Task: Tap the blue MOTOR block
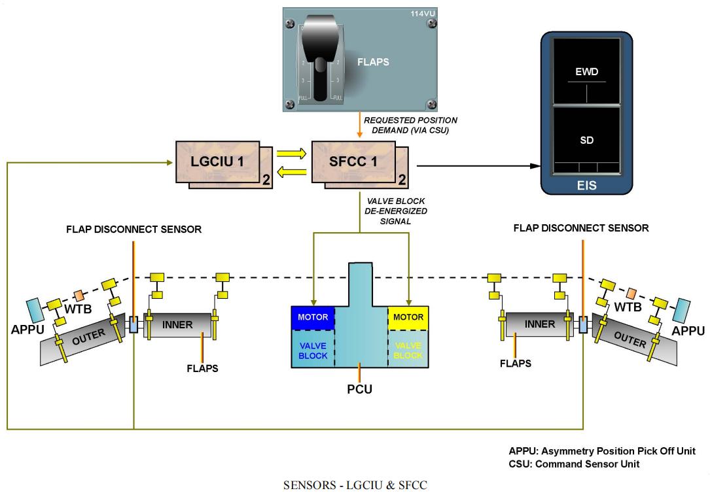pyautogui.click(x=312, y=317)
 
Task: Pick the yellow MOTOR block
pyautogui.click(x=408, y=317)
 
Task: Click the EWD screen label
pyautogui.click(x=586, y=72)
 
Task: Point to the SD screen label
pyautogui.click(x=586, y=141)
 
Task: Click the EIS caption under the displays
pyautogui.click(x=587, y=186)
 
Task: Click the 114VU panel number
pyautogui.click(x=421, y=14)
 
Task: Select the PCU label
pyautogui.click(x=359, y=390)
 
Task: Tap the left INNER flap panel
pyautogui.click(x=177, y=325)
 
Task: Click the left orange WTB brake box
pyautogui.click(x=79, y=296)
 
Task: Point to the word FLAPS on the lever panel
pyautogui.click(x=373, y=63)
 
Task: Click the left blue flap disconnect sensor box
pyautogui.click(x=133, y=324)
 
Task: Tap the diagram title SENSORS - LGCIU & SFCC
pyautogui.click(x=355, y=485)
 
